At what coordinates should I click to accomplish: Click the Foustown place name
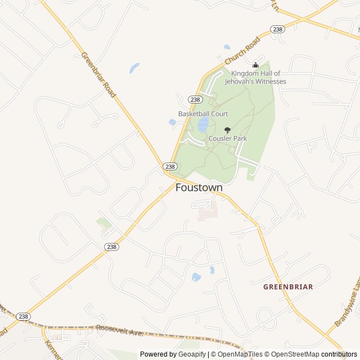(x=199, y=187)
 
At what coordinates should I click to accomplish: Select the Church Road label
(x=242, y=51)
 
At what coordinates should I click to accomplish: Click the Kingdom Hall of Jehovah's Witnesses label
(x=255, y=78)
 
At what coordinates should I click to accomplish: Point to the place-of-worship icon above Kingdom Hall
(x=255, y=65)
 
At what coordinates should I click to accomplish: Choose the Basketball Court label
(x=203, y=114)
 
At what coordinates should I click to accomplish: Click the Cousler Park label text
(x=228, y=138)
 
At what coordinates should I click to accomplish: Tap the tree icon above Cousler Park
(x=227, y=130)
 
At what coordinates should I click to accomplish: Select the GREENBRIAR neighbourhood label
(x=288, y=287)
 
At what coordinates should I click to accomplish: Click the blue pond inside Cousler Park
(x=203, y=124)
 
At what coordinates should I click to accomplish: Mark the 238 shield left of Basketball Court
(x=195, y=100)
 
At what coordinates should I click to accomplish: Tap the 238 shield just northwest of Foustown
(x=170, y=166)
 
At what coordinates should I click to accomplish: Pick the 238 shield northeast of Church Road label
(x=277, y=29)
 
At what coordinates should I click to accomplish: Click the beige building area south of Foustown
(x=208, y=213)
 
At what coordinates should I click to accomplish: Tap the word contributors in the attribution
(x=339, y=354)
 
